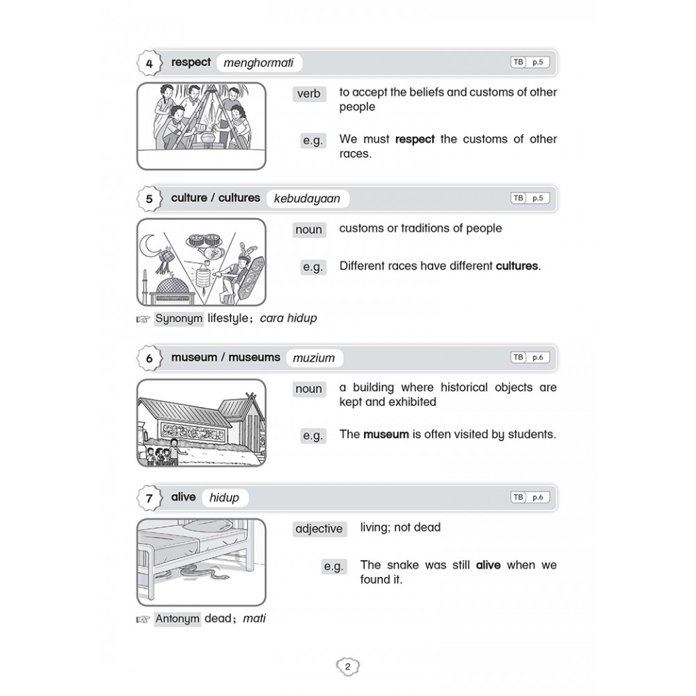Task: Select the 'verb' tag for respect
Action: pyautogui.click(x=308, y=93)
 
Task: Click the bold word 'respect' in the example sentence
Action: pyautogui.click(x=415, y=139)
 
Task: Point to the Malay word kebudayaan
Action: pyautogui.click(x=307, y=198)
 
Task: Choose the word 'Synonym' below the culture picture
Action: pyautogui.click(x=179, y=319)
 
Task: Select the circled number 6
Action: pyautogui.click(x=149, y=358)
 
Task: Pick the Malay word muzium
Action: pyautogui.click(x=314, y=358)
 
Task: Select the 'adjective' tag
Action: pyautogui.click(x=319, y=529)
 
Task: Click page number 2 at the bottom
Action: pyautogui.click(x=347, y=667)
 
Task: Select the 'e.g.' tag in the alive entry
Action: pyautogui.click(x=334, y=567)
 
